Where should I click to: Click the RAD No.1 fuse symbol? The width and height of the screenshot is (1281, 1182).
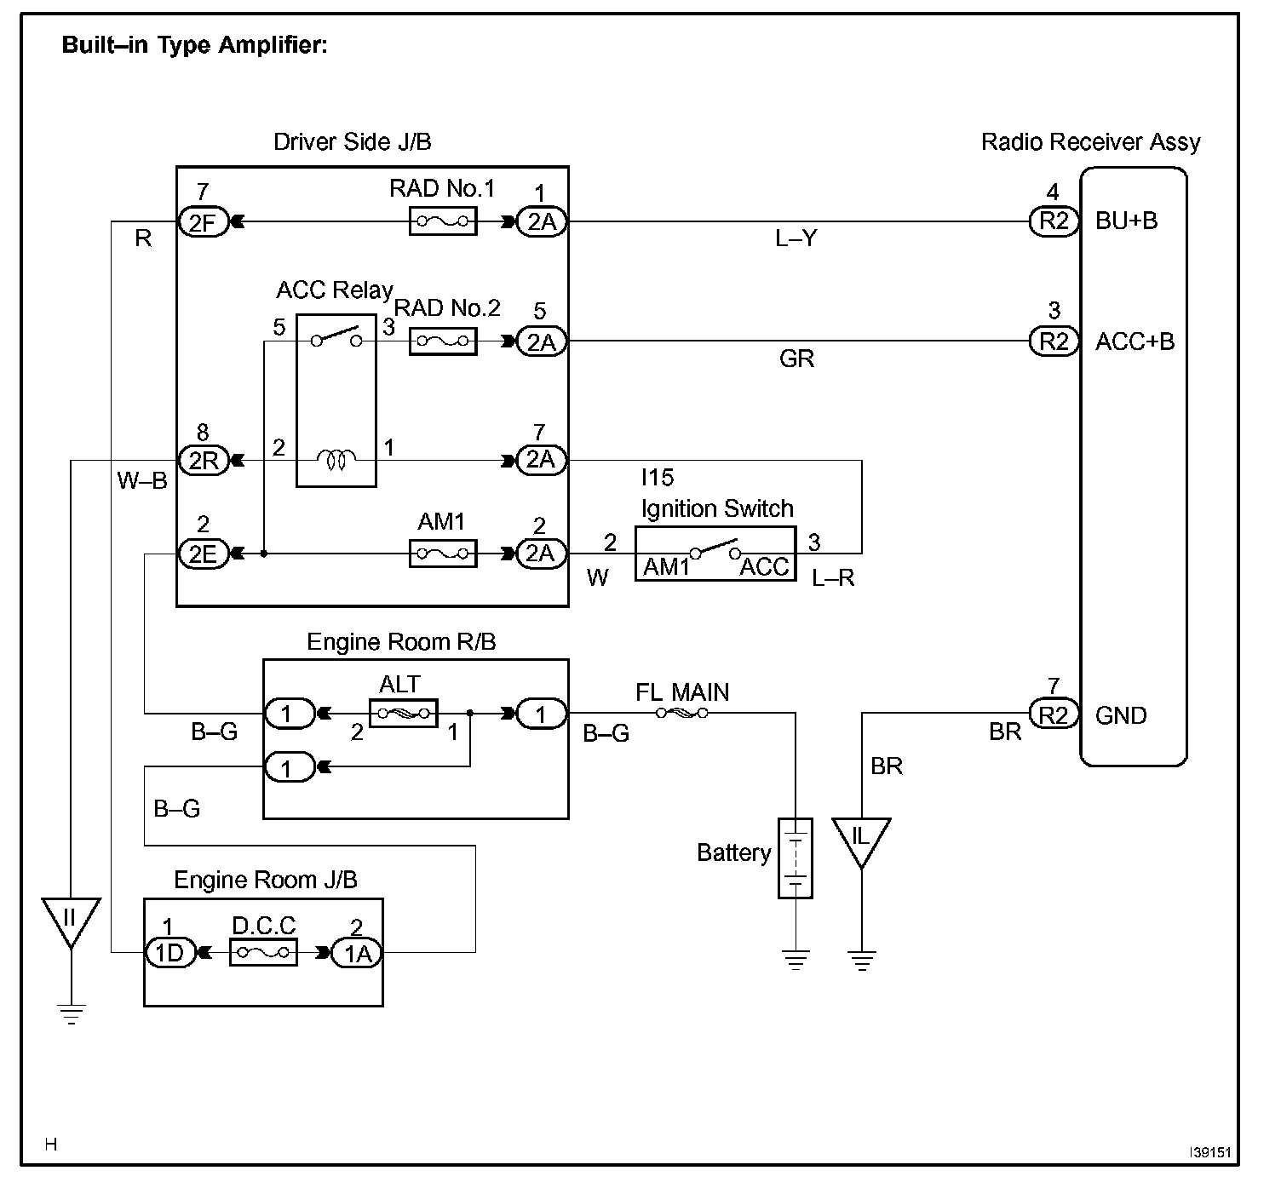[x=443, y=221]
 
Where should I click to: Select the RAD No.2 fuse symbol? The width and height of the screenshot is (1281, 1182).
[x=443, y=341]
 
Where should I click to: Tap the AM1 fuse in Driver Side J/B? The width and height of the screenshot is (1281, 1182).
[x=443, y=554]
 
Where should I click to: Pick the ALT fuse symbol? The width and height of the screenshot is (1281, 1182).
[x=404, y=713]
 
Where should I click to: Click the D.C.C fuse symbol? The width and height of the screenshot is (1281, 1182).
[x=263, y=952]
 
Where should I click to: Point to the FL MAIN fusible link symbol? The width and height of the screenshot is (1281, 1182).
[x=681, y=713]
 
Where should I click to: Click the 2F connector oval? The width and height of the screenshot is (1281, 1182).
[x=204, y=222]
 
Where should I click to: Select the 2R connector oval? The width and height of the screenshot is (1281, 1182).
[x=204, y=461]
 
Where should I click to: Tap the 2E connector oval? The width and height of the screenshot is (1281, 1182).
[x=204, y=554]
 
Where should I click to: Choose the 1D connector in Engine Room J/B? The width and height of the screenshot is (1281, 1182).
[x=170, y=953]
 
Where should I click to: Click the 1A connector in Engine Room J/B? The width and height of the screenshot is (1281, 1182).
[x=357, y=953]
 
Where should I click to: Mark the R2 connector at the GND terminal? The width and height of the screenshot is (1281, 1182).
[x=1054, y=714]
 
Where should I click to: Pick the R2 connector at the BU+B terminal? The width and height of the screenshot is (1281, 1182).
[x=1054, y=221]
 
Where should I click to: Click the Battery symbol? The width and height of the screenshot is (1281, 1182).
[x=796, y=858]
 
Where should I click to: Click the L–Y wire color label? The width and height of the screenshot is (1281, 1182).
[x=796, y=238]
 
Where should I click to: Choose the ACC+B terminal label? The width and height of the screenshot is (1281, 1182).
[x=1135, y=341]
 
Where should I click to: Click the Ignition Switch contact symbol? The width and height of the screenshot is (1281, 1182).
[x=715, y=548]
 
